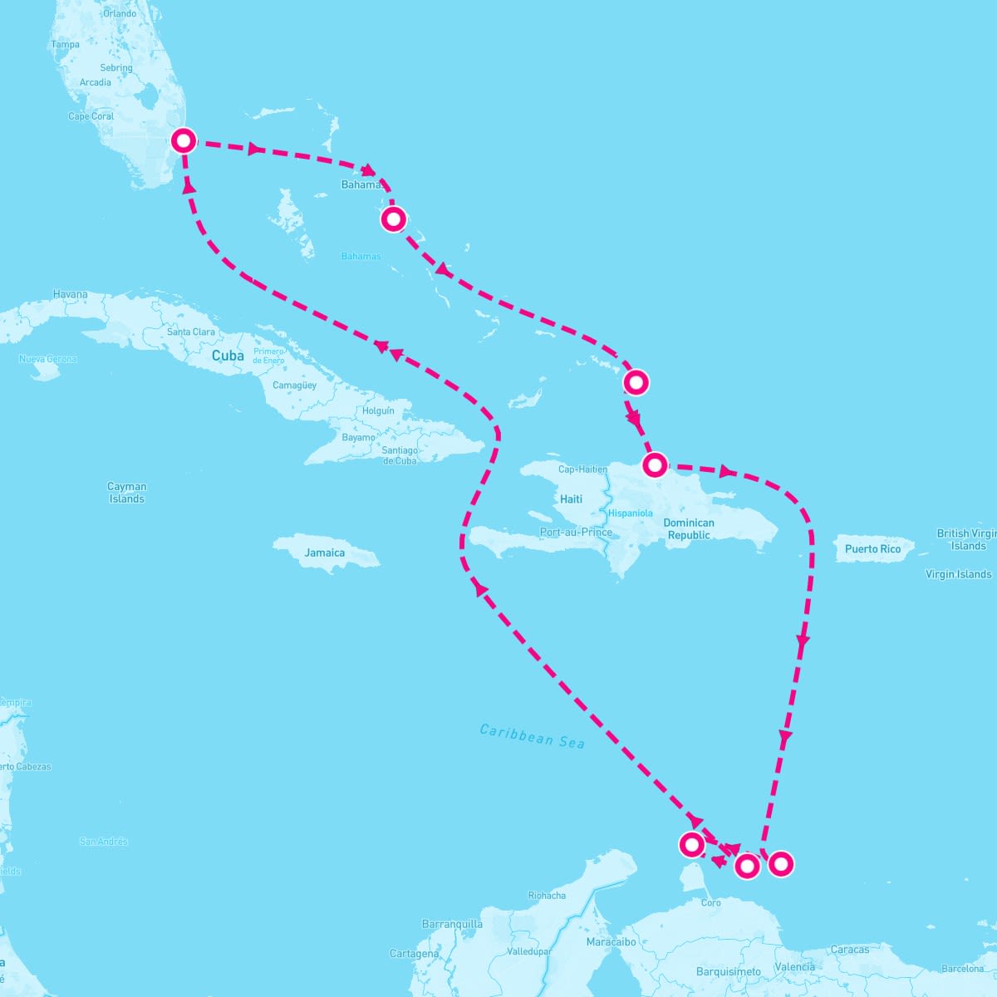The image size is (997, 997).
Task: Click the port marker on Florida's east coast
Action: point(184,140)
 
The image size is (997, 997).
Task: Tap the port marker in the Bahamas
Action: point(393,219)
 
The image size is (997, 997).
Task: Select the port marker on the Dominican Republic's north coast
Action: point(655,464)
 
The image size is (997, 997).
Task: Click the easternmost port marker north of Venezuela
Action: point(780,864)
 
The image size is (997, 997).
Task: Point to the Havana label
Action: point(70,294)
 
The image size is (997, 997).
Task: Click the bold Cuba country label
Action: point(228,356)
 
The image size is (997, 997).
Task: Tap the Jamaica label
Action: point(324,553)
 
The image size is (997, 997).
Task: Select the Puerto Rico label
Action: point(872,549)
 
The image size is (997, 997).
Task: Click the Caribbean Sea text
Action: point(533,736)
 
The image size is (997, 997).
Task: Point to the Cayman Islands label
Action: point(126,493)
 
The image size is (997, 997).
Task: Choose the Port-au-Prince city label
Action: point(576,533)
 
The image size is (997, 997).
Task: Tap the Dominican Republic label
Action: point(689,529)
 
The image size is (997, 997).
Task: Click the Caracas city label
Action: point(849,950)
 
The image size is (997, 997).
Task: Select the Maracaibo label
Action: point(611,942)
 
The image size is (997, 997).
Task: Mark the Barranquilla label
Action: point(452,924)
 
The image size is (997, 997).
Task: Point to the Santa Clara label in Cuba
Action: point(191,332)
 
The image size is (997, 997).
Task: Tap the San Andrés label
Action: point(104,842)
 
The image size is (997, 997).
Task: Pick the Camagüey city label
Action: point(294,386)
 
